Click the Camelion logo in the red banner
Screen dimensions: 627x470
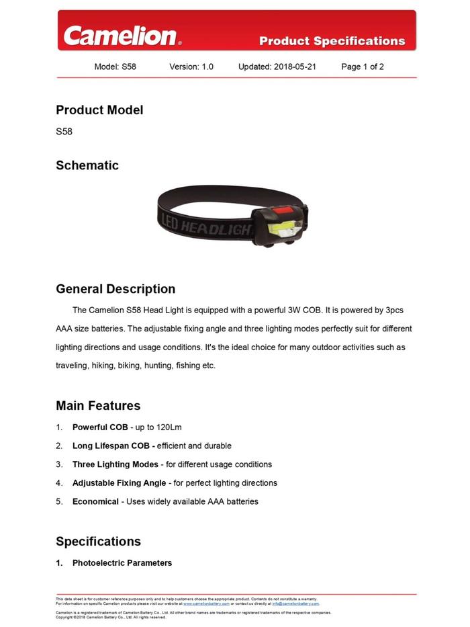tap(122, 36)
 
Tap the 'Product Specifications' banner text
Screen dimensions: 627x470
tap(332, 41)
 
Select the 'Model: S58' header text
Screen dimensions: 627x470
tap(115, 67)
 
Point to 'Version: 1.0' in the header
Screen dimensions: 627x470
tap(191, 67)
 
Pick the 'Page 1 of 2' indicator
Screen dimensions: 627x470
tap(363, 67)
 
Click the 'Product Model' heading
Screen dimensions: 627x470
tap(99, 110)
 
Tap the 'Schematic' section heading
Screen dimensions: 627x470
tap(87, 165)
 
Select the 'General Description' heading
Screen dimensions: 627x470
tap(115, 289)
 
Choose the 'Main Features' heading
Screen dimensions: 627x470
tap(98, 406)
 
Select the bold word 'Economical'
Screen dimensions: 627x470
tap(95, 501)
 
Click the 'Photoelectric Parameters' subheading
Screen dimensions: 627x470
tap(122, 563)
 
